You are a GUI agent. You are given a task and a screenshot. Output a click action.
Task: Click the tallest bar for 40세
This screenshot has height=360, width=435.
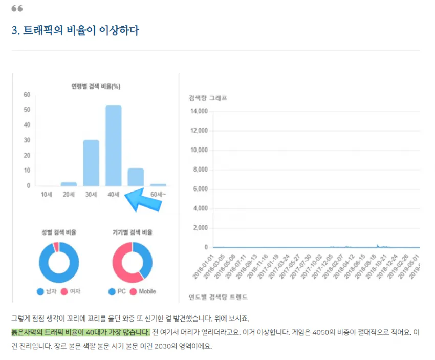[113, 145]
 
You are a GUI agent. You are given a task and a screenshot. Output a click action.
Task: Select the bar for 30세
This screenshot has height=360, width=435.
[91, 163]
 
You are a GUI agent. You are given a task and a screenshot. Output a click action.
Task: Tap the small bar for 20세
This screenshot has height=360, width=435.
[69, 183]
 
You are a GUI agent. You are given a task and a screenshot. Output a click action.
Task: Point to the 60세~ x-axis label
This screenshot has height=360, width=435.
[159, 194]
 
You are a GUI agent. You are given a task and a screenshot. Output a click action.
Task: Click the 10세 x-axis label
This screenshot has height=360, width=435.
[46, 194]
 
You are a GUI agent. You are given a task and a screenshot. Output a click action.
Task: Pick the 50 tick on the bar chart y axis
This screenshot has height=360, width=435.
[27, 110]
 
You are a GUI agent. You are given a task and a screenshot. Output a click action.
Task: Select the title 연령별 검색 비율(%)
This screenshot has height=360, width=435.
[96, 86]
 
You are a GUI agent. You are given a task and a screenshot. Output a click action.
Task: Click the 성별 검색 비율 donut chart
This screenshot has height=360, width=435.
[59, 262]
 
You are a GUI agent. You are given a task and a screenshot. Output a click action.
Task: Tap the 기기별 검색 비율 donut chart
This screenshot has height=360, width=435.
[132, 262]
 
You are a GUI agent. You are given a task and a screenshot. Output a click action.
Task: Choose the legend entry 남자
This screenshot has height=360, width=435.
[48, 291]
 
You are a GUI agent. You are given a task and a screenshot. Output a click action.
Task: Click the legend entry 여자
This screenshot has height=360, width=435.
[71, 291]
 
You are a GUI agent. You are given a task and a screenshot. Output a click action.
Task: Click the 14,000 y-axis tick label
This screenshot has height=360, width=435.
[199, 111]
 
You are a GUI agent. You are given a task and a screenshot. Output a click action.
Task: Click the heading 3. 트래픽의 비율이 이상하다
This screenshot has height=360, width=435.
[75, 30]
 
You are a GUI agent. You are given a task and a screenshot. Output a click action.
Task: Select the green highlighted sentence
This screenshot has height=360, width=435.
[80, 332]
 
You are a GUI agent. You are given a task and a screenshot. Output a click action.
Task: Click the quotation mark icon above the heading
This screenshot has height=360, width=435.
[17, 8]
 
